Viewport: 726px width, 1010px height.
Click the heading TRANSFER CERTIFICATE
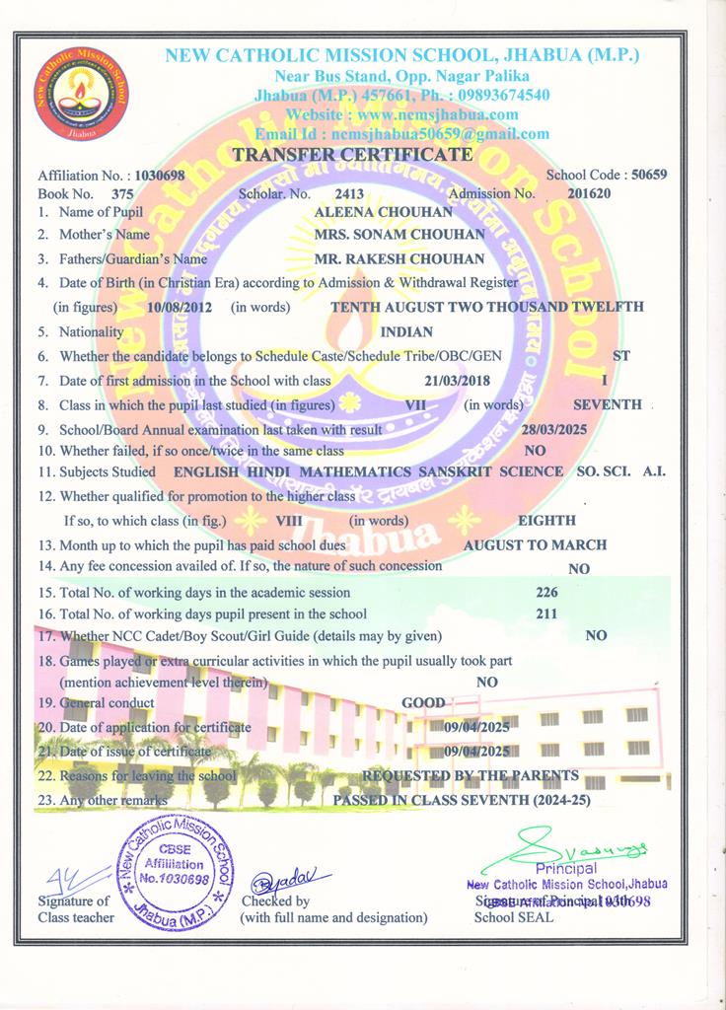pos(353,155)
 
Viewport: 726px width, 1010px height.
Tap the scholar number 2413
pos(350,193)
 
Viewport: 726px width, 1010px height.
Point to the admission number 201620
pos(589,193)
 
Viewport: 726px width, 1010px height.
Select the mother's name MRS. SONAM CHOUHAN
pos(399,235)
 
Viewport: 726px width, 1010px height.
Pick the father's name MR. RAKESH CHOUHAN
pos(399,259)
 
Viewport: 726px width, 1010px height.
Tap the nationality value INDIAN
pos(406,332)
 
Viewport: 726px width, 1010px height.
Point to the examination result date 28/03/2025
pos(555,430)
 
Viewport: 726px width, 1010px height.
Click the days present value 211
pos(545,613)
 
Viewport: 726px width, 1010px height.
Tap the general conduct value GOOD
pos(422,703)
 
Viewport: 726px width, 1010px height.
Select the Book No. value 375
pos(122,194)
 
